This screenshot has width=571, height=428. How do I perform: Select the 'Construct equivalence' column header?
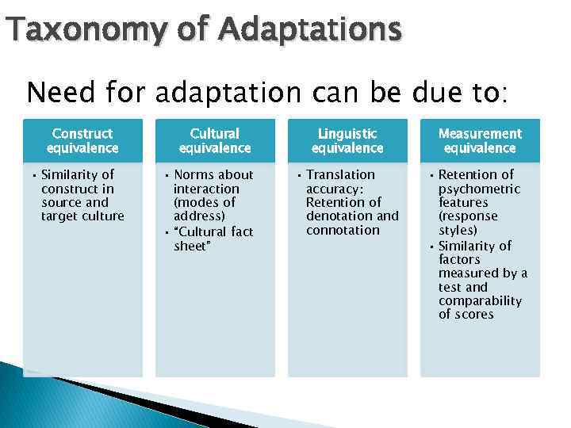(82, 141)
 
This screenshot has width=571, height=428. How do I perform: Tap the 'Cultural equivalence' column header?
(215, 141)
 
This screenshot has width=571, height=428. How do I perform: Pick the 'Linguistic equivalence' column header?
(347, 141)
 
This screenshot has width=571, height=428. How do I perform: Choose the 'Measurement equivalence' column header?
(480, 141)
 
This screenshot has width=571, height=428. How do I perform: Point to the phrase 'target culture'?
(82, 216)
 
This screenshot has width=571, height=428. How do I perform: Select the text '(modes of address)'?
(204, 209)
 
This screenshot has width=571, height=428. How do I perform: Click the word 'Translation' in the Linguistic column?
(340, 174)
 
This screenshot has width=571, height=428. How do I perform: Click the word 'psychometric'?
(479, 189)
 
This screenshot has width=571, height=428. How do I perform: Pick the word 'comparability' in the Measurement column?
(480, 300)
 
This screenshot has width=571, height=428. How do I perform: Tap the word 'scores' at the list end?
(473, 315)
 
